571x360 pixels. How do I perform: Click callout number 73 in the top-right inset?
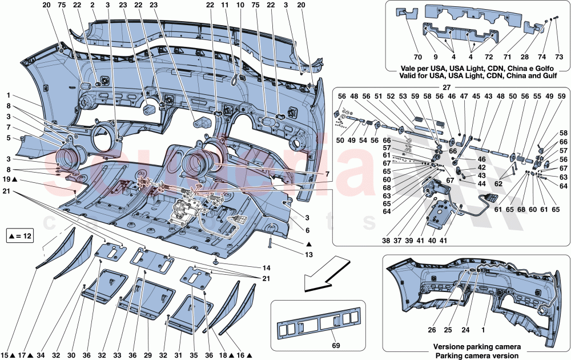(x=559, y=57)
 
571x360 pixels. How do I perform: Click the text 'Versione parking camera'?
(x=476, y=347)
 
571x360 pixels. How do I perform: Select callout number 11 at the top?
(x=224, y=5)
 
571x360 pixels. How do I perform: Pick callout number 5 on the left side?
(x=9, y=137)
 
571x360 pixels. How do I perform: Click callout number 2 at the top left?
(x=93, y=5)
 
